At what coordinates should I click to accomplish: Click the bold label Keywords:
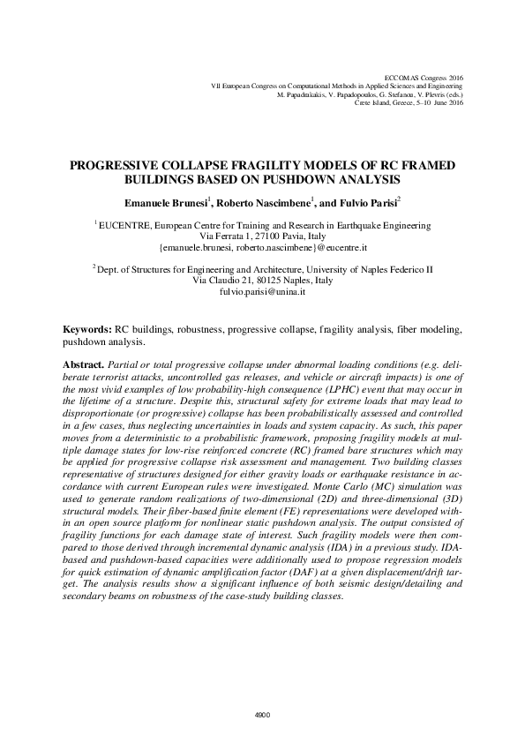coord(86,328)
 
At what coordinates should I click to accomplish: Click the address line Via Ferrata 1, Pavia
coord(262,237)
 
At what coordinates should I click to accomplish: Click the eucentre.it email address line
coord(262,249)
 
